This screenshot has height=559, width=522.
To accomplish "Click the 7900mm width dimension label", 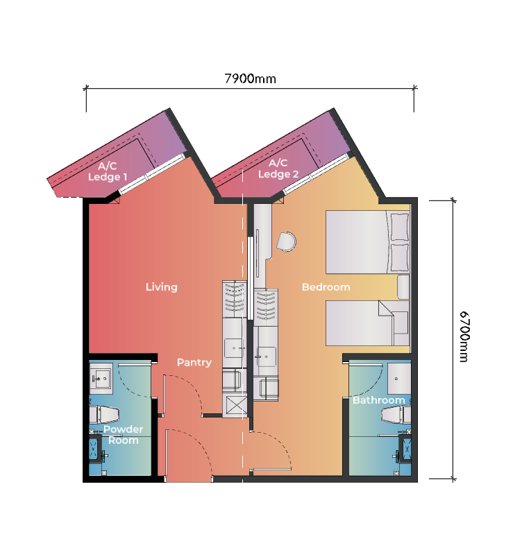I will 250,78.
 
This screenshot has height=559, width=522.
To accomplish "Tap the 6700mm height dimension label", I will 464,336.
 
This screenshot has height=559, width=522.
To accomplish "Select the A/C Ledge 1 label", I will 108,171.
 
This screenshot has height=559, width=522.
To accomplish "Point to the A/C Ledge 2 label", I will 278,169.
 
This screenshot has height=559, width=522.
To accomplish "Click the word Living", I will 161,286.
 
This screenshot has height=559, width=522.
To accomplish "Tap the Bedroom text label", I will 326,286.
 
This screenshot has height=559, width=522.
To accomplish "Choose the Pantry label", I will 194,362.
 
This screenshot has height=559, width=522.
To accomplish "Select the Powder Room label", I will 123,435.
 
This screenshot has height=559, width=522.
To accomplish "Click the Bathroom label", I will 378,400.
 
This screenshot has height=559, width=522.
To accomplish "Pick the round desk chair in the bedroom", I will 287,241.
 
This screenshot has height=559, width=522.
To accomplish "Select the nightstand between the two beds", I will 403,286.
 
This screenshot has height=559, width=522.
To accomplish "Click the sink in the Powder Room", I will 102,378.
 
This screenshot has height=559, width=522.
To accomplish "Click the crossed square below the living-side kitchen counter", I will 235,404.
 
